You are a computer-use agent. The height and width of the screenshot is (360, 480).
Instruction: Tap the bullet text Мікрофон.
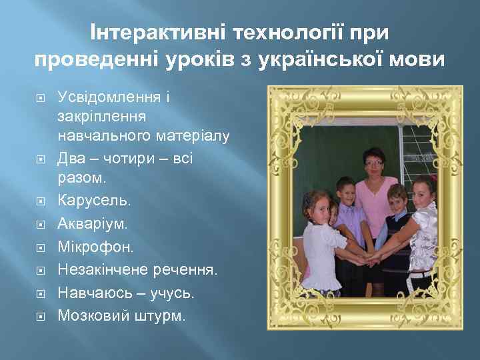tap(95, 247)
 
